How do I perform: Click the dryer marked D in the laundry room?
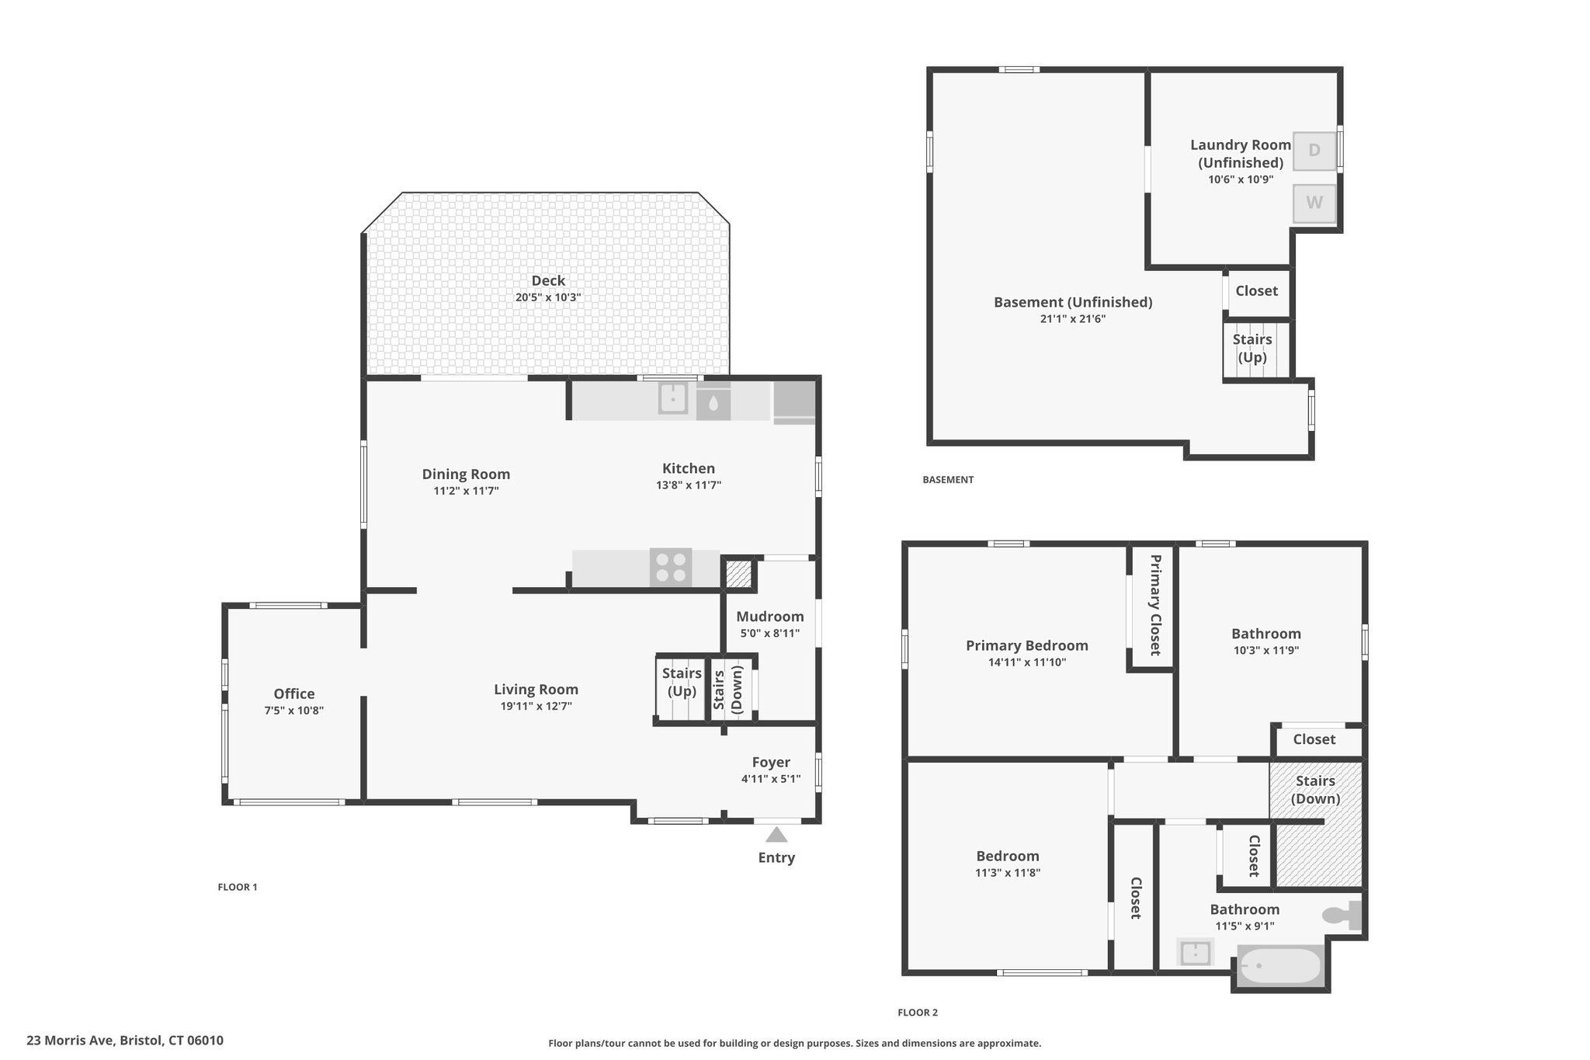(x=1314, y=150)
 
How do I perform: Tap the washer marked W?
(x=1314, y=203)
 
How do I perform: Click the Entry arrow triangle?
(x=776, y=835)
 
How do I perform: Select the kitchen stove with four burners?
(x=672, y=567)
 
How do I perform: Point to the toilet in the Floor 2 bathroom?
(x=1342, y=915)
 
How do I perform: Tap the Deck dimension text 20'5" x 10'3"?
(x=548, y=297)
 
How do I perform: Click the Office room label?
(x=294, y=693)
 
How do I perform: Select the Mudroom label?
(x=770, y=617)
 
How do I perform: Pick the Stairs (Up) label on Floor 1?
(x=682, y=682)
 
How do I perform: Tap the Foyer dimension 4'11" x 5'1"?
(x=771, y=779)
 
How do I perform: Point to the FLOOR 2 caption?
(x=918, y=1013)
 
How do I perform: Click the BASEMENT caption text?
(x=948, y=480)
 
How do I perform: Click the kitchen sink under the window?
(x=673, y=398)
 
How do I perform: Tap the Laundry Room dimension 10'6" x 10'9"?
(x=1241, y=179)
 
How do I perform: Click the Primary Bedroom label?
(x=1027, y=645)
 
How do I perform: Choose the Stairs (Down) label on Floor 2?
(x=1316, y=790)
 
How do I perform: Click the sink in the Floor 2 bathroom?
(x=1195, y=952)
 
